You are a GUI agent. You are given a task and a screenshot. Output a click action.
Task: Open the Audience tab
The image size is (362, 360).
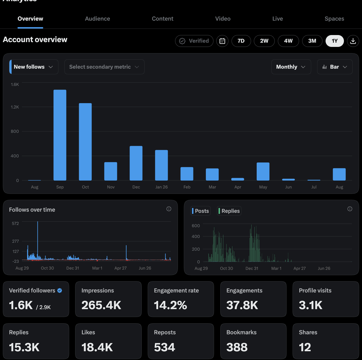(97, 19)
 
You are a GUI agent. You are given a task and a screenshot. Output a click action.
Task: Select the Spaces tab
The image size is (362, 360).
(334, 19)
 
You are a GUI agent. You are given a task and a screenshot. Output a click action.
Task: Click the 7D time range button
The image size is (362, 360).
(241, 41)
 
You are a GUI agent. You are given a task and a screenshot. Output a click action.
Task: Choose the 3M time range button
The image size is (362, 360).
(312, 41)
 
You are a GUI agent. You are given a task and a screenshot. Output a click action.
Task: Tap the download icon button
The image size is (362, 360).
(353, 41)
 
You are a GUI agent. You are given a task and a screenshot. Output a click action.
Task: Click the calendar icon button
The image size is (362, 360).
(222, 41)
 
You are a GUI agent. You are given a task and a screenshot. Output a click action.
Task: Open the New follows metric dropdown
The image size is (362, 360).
(34, 67)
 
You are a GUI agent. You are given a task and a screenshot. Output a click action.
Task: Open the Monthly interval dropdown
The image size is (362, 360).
(291, 67)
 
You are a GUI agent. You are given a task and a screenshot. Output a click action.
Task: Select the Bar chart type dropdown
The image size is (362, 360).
(335, 67)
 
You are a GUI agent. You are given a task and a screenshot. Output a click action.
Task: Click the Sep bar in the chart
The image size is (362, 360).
(60, 135)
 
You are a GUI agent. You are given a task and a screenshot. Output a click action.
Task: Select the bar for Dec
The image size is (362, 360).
(136, 163)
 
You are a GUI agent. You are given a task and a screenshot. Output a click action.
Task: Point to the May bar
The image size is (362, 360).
(263, 172)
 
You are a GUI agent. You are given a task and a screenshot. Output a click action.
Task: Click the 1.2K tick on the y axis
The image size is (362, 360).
(15, 107)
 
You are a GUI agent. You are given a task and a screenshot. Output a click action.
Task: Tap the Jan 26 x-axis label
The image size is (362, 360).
(162, 187)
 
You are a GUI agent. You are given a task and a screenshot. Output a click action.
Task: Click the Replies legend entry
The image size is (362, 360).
(229, 211)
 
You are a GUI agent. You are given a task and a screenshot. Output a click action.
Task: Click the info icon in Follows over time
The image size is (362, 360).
(169, 209)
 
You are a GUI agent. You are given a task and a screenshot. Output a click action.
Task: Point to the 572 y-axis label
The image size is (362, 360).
(16, 223)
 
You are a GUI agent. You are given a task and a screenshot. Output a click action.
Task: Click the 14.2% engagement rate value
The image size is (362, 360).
(170, 305)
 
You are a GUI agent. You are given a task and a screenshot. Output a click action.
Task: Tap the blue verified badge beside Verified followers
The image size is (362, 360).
(60, 290)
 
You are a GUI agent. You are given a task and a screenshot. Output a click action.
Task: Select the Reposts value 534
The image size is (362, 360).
(165, 347)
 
